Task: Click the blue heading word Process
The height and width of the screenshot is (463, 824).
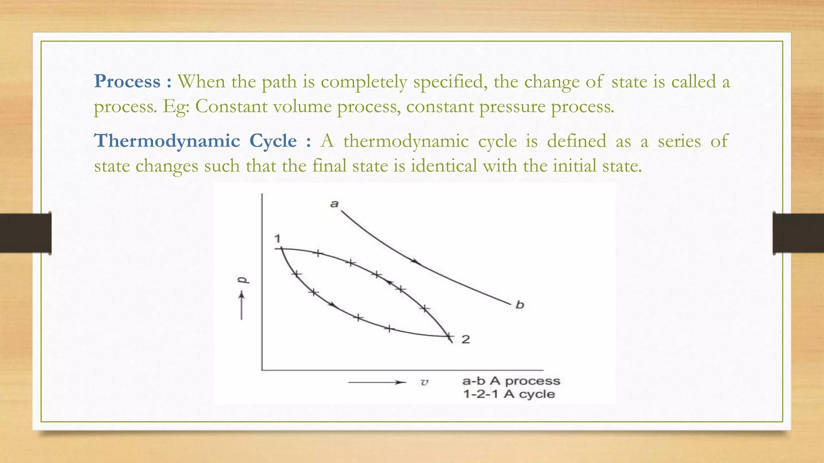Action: coord(127,82)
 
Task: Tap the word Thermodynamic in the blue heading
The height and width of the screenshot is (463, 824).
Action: coord(167,141)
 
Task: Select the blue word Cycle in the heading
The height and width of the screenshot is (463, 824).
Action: coord(273,141)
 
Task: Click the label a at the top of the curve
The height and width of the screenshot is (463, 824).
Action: coord(334,204)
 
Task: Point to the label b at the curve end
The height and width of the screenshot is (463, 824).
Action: coord(520,305)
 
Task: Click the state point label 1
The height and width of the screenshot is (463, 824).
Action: coord(277,239)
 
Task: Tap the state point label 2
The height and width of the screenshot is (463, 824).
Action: coord(466,340)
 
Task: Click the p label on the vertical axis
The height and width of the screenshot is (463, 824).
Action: coord(243,280)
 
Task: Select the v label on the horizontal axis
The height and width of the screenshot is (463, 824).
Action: coord(424,382)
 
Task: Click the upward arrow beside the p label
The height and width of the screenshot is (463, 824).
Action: coord(241,305)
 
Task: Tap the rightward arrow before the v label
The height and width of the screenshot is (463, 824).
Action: coord(377,382)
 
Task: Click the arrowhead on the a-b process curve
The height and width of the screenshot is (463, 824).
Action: coord(416,262)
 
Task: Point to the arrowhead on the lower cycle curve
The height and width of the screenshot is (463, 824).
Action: coord(332,305)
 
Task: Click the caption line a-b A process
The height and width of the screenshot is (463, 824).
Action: coord(511,381)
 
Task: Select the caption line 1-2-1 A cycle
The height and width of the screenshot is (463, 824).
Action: coord(509,394)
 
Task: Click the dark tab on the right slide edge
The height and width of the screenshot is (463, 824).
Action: coord(798,233)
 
